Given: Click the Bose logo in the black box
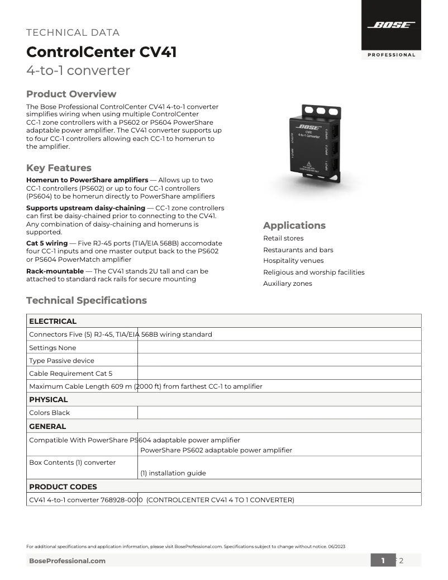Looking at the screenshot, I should pyautogui.click(x=391, y=25).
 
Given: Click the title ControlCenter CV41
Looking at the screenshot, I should pyautogui.click(x=102, y=53).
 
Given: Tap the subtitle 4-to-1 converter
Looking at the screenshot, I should pyautogui.click(x=78, y=71).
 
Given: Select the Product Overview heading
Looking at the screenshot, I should pyautogui.click(x=72, y=94).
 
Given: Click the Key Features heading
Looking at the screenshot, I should pyautogui.click(x=59, y=168).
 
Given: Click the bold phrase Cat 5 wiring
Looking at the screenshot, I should pyautogui.click(x=47, y=243).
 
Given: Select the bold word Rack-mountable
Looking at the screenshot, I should pyautogui.click(x=55, y=271).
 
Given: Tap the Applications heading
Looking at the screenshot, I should pyautogui.click(x=294, y=225).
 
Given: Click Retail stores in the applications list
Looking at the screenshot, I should pyautogui.click(x=283, y=238).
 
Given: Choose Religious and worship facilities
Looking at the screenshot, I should pyautogui.click(x=313, y=272).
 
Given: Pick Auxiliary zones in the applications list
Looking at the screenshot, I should pyautogui.click(x=288, y=284).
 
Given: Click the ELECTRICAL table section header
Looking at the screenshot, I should pyautogui.click(x=53, y=321).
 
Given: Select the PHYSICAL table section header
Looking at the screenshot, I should pyautogui.click(x=49, y=400).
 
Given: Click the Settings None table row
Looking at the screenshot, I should pyautogui.click(x=53, y=348).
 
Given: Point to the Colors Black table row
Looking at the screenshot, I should pyautogui.click(x=50, y=413).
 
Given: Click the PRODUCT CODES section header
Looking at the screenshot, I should pyautogui.click(x=63, y=487).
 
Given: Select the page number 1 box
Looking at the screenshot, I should pyautogui.click(x=383, y=560).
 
